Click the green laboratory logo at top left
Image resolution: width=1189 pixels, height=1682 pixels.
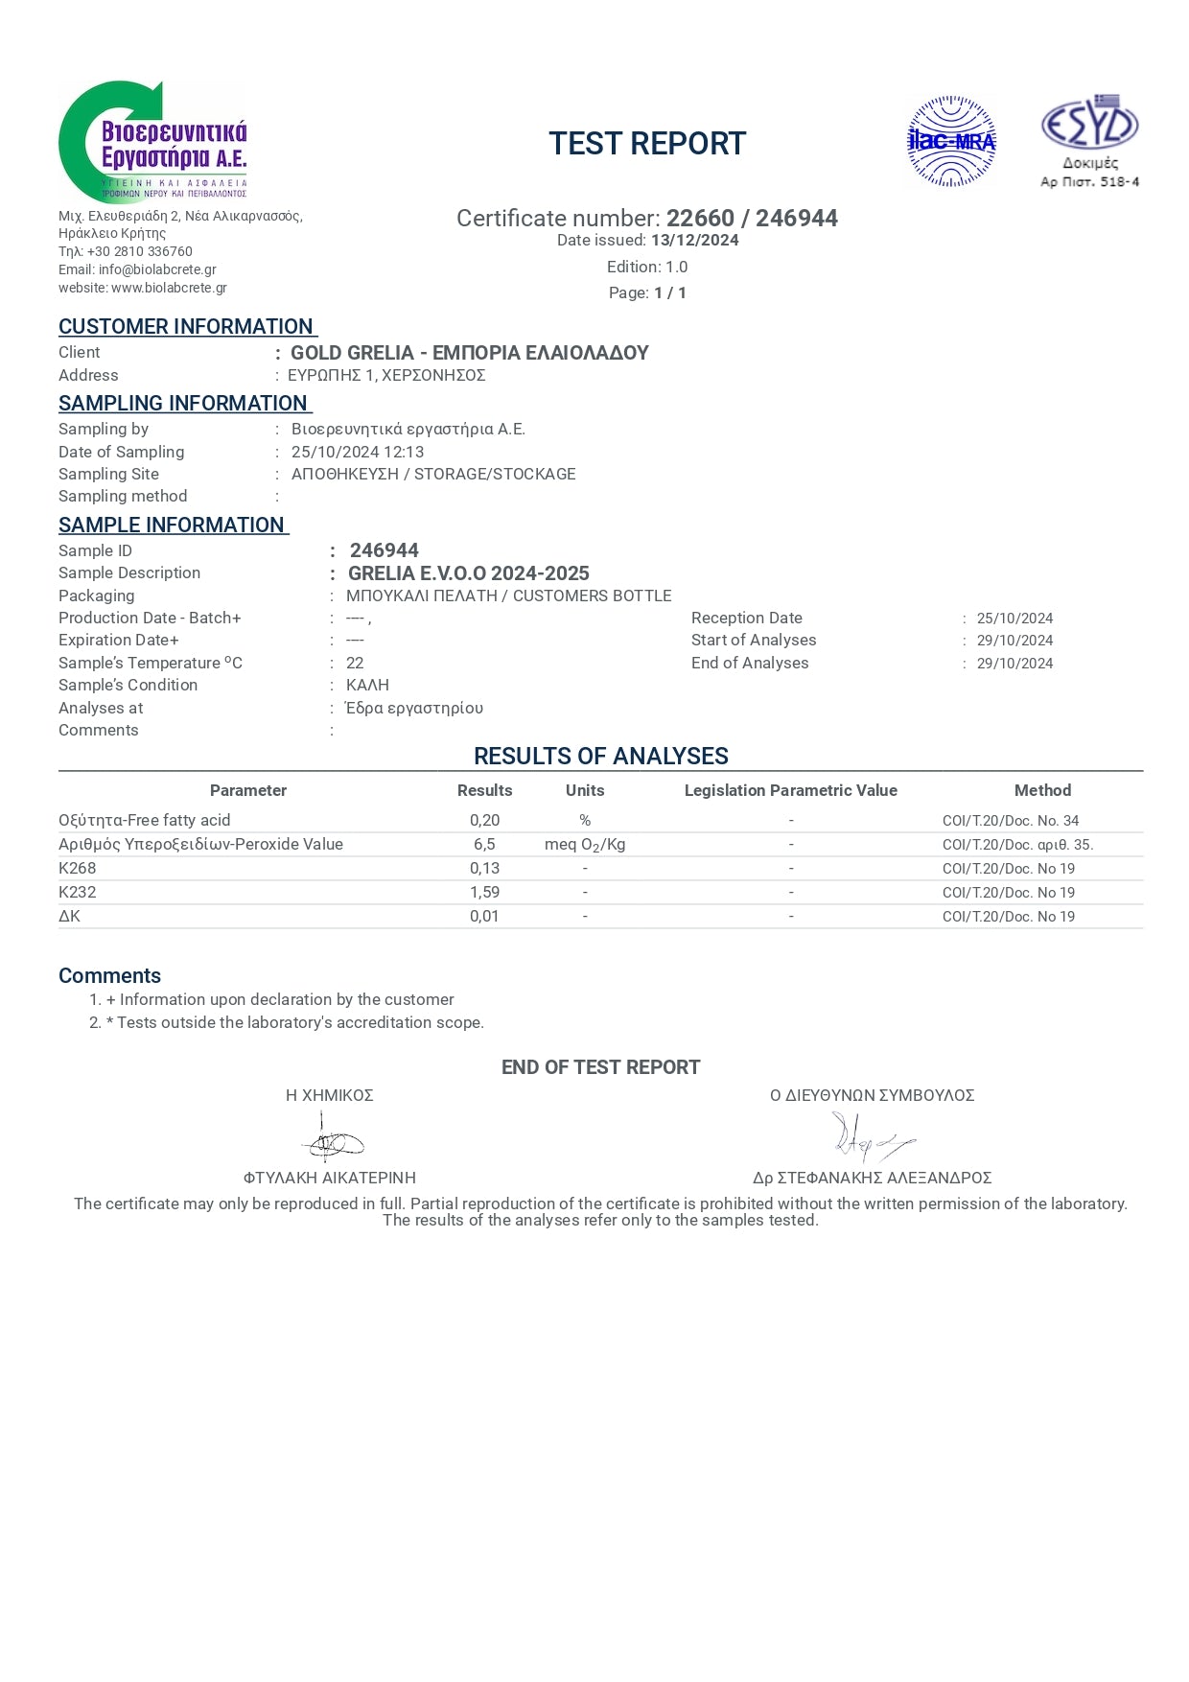[152, 141]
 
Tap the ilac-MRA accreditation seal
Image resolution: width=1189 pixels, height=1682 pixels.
[951, 142]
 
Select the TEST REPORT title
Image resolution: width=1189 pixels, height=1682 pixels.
[647, 144]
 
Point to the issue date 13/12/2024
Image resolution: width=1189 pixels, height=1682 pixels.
[695, 241]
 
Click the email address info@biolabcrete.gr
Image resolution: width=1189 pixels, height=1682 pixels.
[157, 269]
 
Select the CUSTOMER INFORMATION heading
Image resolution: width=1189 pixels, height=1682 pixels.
[186, 327]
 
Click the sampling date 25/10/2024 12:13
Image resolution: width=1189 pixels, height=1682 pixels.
[358, 452]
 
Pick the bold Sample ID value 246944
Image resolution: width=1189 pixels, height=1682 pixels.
[385, 550]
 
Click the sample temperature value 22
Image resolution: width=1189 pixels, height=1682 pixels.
[355, 663]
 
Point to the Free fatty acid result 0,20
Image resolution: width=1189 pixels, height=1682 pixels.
[484, 820]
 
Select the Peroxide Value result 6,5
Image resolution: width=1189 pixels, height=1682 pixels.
[484, 844]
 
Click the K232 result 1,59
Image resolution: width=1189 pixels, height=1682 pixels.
[484, 892]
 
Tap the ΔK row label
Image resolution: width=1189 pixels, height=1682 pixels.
[70, 916]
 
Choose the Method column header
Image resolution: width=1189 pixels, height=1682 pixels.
[1042, 790]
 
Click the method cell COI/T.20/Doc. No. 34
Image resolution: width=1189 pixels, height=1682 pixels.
[1011, 821]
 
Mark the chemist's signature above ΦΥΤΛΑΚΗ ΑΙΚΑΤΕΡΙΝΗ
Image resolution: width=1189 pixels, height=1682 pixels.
[332, 1140]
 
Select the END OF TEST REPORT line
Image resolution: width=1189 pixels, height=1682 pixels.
[600, 1067]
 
